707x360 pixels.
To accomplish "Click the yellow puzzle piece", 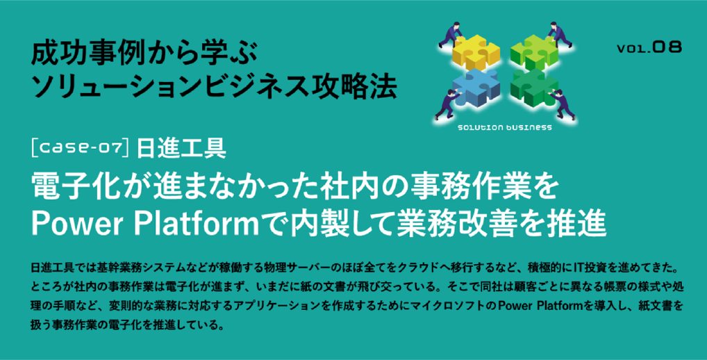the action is [476, 52].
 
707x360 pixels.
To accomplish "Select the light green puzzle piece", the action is [534, 52].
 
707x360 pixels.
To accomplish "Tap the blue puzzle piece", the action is [476, 87].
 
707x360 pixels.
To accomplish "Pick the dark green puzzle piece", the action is [535, 87].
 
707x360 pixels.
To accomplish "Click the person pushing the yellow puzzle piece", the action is [450, 34].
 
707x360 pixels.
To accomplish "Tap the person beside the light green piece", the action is [559, 34].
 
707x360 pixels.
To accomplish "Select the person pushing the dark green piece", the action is [563, 105].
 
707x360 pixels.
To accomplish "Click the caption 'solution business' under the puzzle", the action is [504, 128].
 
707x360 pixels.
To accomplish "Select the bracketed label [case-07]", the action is [81, 149].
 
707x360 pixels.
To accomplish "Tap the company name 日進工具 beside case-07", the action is [181, 149].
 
